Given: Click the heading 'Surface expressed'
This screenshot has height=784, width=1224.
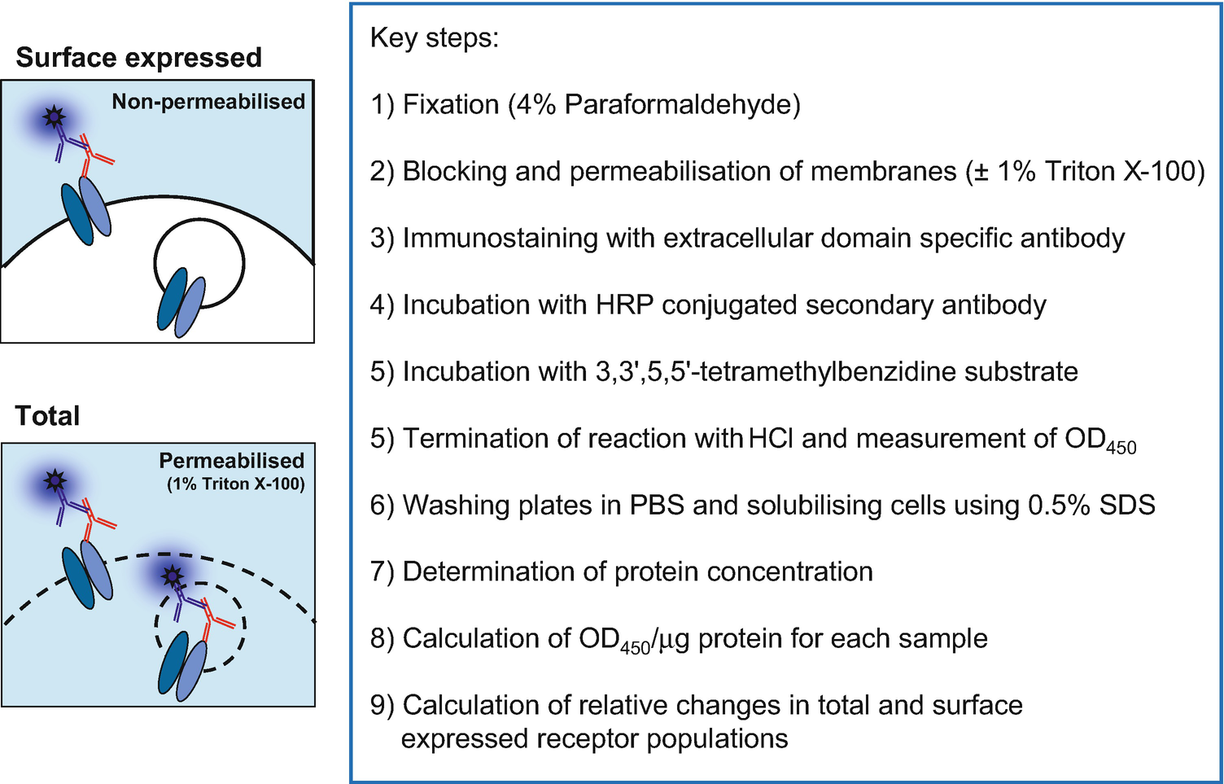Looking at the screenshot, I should pos(138,58).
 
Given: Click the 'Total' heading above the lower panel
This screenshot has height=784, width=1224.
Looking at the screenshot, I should pos(48,416).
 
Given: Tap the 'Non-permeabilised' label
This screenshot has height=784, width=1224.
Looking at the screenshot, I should pos(208,102).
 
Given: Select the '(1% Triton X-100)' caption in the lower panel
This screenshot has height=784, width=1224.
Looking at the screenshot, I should pos(236,484).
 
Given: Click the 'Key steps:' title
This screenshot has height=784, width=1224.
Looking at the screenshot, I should pos(434,37).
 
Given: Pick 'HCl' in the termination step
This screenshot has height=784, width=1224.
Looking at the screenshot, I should pos(771,439).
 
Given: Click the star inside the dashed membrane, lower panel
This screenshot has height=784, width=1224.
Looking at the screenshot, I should pos(172,576).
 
